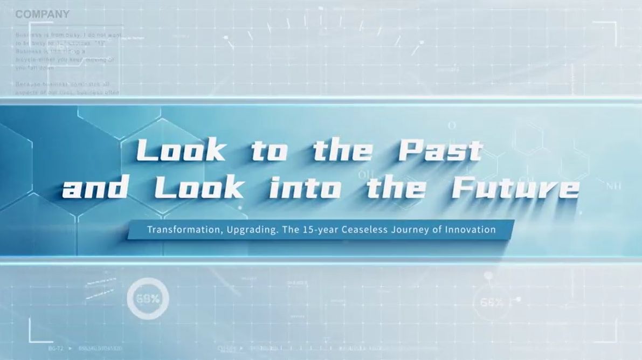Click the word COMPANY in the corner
pyautogui.click(x=42, y=15)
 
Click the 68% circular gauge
pyautogui.click(x=148, y=299)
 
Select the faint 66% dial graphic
pyautogui.click(x=492, y=302)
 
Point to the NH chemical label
pyautogui.click(x=613, y=186)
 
